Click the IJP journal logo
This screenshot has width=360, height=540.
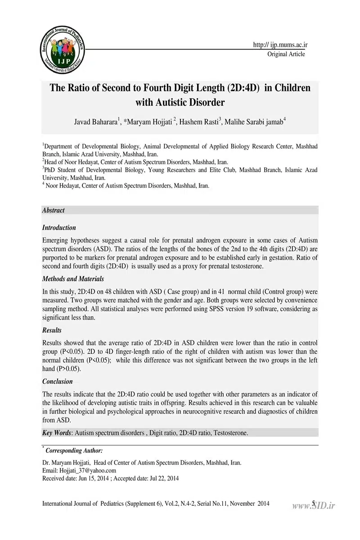point(63,51)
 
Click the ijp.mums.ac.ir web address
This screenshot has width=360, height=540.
point(280,45)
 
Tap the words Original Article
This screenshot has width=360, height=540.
point(286,54)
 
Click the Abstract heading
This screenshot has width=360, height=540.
point(53,210)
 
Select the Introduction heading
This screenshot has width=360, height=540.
point(59,228)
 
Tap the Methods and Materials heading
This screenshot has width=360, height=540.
point(73,279)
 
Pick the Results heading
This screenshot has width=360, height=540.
point(52,330)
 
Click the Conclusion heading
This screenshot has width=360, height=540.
point(57,382)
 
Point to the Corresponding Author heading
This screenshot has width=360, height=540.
point(74,450)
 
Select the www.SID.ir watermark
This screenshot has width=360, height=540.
point(314,505)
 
